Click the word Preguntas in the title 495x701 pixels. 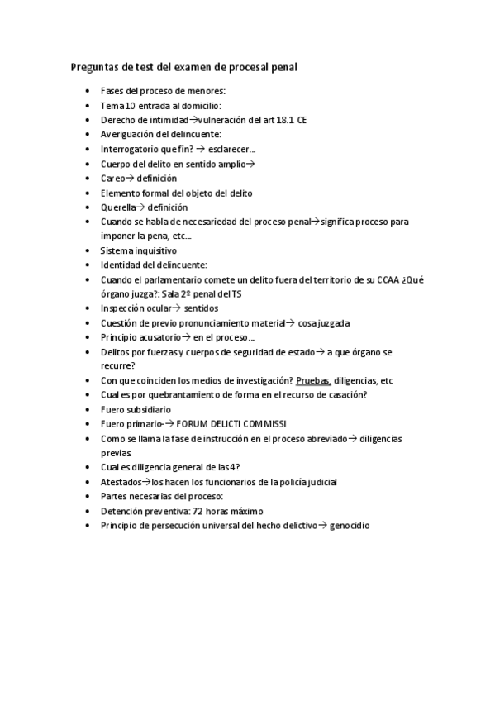coord(93,67)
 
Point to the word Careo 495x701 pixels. coord(113,178)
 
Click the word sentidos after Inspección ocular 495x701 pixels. coord(201,308)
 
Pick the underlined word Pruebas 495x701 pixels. coord(313,381)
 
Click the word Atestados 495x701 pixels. coord(121,482)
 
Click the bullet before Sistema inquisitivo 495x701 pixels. coord(88,250)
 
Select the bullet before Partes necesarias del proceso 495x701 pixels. coord(88,497)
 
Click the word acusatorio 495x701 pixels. coord(158,337)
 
